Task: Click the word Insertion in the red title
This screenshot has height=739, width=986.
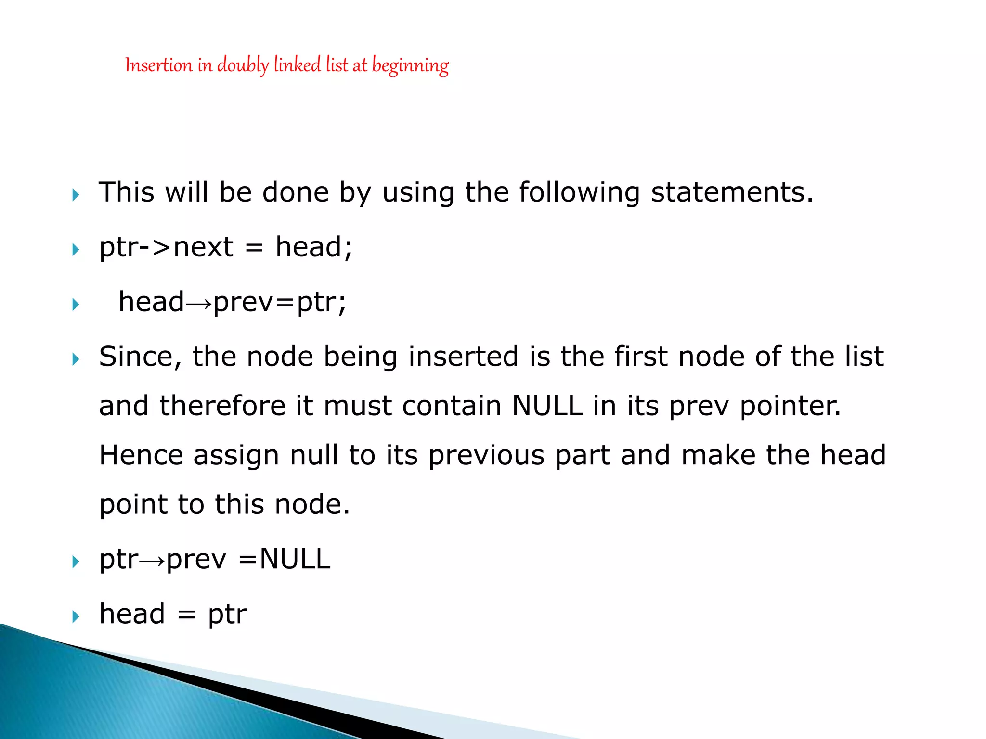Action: pyautogui.click(x=158, y=65)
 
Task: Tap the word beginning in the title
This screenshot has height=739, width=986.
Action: pyautogui.click(x=410, y=66)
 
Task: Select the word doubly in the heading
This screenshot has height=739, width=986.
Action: pyautogui.click(x=243, y=65)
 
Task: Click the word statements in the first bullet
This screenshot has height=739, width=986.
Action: pyautogui.click(x=732, y=192)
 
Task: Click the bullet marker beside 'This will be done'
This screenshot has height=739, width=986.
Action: pyautogui.click(x=76, y=195)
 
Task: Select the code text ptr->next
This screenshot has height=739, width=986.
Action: pyautogui.click(x=166, y=248)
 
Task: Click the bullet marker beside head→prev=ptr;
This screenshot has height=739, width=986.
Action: pyautogui.click(x=76, y=304)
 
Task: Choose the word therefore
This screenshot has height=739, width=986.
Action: pyautogui.click(x=222, y=406)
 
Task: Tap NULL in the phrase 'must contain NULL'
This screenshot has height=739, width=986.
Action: pyautogui.click(x=547, y=406)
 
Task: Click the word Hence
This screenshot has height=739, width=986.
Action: pyautogui.click(x=141, y=455)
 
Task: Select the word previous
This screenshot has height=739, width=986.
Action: pyautogui.click(x=486, y=455)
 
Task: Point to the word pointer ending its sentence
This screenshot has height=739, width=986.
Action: pyautogui.click(x=790, y=407)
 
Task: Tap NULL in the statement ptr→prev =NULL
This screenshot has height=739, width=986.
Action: pyautogui.click(x=295, y=560)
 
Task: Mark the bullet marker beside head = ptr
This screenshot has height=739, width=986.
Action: pyautogui.click(x=76, y=616)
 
